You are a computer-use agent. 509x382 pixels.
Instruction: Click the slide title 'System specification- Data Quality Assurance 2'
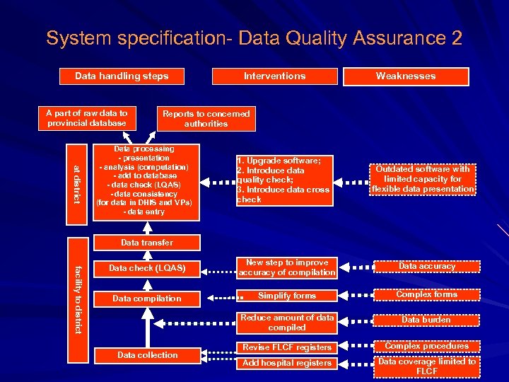click(x=255, y=38)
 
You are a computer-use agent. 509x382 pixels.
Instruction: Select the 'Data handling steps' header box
click(x=122, y=76)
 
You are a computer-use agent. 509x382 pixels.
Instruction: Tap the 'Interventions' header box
click(x=274, y=76)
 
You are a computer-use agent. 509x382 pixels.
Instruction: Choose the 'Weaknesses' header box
click(x=406, y=76)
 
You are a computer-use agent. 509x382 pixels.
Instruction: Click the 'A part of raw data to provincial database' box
click(x=87, y=118)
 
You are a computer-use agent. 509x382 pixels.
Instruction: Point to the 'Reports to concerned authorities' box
click(x=206, y=118)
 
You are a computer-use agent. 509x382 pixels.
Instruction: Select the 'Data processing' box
click(x=144, y=180)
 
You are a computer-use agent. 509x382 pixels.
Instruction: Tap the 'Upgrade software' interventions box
click(x=283, y=180)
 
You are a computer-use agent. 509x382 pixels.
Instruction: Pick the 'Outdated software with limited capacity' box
click(x=423, y=179)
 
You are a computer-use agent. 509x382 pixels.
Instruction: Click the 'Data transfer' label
click(x=146, y=243)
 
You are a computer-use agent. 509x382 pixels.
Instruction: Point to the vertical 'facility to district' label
click(x=78, y=298)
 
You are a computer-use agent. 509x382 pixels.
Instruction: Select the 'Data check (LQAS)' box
click(x=147, y=269)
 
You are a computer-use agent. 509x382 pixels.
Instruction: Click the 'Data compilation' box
click(x=147, y=299)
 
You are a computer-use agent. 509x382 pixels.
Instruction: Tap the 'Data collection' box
click(x=147, y=355)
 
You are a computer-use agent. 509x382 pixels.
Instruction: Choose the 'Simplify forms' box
click(x=286, y=296)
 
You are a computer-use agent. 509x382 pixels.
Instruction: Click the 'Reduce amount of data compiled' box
click(x=286, y=323)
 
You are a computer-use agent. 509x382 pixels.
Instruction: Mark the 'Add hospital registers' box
click(x=286, y=363)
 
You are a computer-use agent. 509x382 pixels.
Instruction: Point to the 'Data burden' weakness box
click(x=426, y=320)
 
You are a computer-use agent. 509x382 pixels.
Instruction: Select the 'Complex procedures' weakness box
click(x=426, y=347)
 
